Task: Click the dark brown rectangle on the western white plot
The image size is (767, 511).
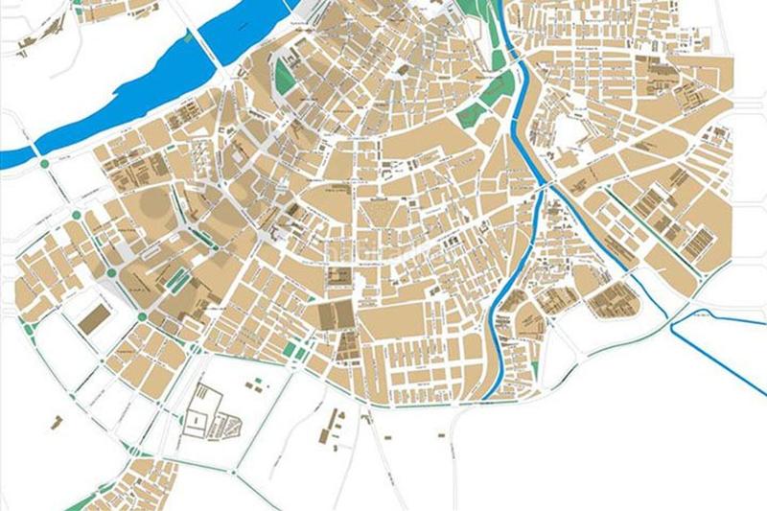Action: (x=93, y=318)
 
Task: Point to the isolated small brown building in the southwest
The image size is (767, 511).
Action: (x=56, y=422)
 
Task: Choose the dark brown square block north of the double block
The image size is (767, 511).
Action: (x=337, y=277)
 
